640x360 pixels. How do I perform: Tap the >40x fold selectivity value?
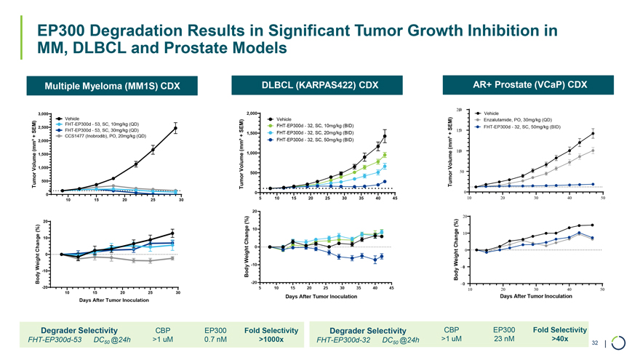tap(560, 338)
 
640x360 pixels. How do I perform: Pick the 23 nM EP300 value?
tap(504, 338)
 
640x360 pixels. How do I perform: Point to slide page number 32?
tap(595, 343)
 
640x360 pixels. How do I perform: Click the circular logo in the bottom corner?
tap(620, 343)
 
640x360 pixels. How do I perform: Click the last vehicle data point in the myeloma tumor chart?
tap(175, 128)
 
